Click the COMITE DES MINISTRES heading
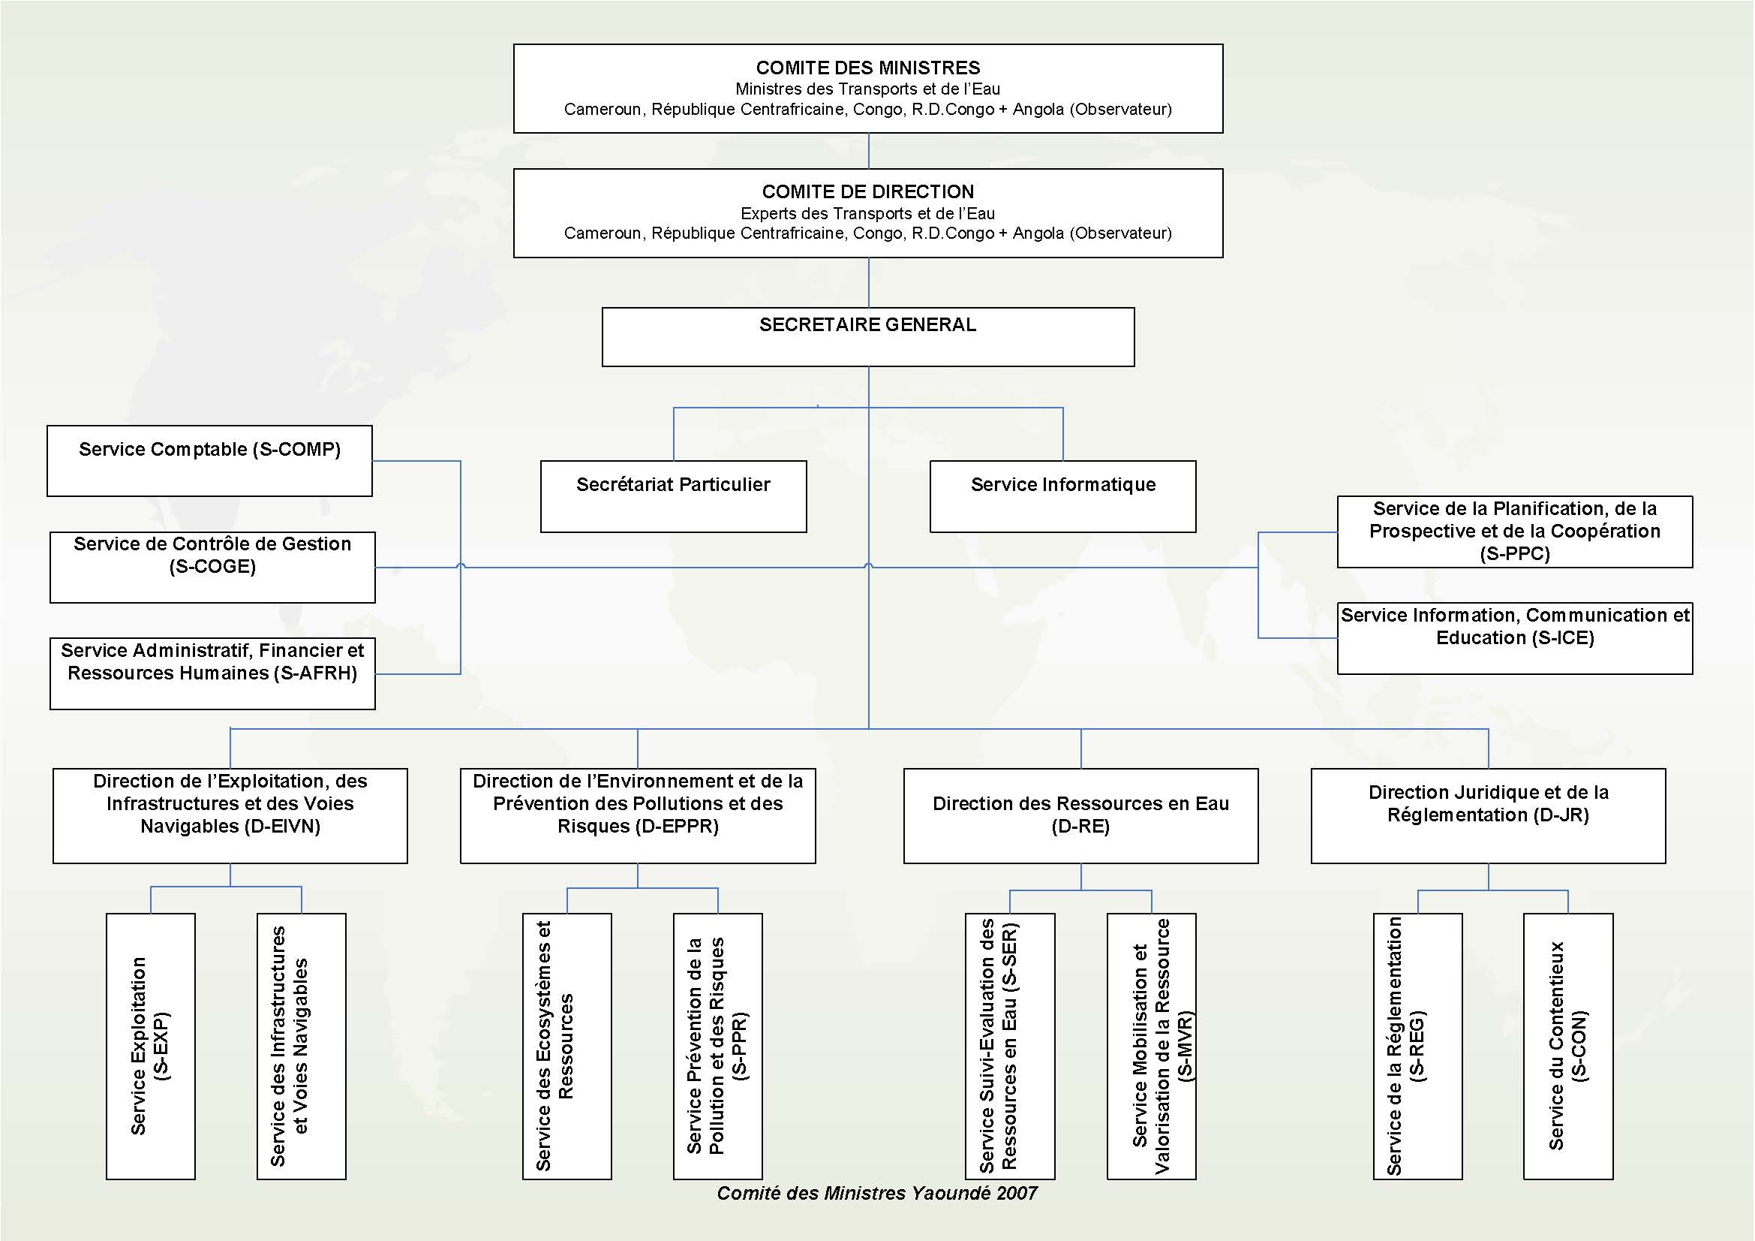(867, 68)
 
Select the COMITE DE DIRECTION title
(867, 192)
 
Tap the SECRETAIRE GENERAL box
(867, 337)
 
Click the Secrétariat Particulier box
(672, 496)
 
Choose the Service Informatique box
(1062, 496)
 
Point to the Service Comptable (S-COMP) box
(209, 461)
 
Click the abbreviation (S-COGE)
(212, 567)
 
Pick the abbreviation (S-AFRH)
(315, 673)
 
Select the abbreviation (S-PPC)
(1514, 553)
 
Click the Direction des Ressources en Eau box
(1080, 816)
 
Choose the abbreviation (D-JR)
(1561, 815)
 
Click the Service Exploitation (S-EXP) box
(151, 1046)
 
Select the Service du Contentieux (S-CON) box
(1567, 1046)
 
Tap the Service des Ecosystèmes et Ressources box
(566, 1046)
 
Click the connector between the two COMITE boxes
(868, 152)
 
